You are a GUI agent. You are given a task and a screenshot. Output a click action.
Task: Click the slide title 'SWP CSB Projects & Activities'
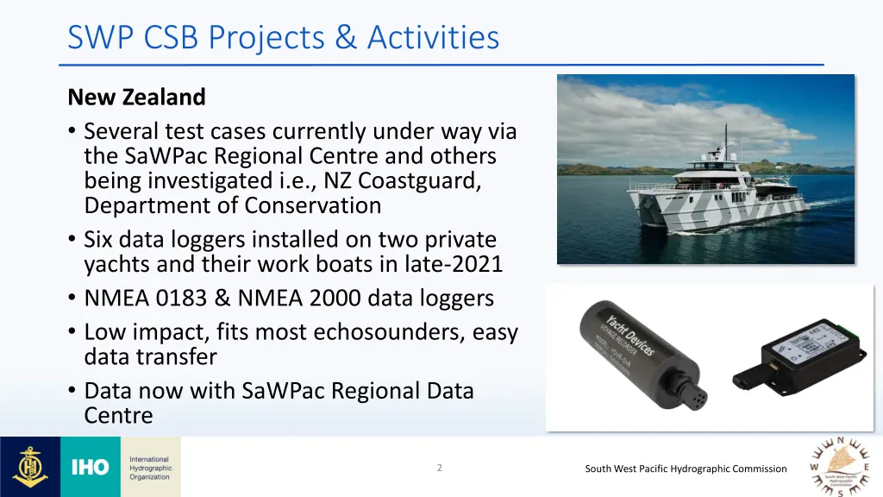click(x=283, y=38)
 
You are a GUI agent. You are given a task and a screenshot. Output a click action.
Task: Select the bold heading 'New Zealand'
click(x=136, y=97)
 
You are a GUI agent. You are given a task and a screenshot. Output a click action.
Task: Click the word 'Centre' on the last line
click(x=118, y=415)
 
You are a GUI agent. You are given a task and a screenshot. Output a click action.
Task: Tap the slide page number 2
click(x=439, y=468)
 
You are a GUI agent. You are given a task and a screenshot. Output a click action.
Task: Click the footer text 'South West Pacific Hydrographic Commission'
click(x=686, y=469)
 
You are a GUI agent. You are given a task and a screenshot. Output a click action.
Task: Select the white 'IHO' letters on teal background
click(x=90, y=468)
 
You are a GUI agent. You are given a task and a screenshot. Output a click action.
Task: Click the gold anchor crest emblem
click(x=30, y=467)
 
